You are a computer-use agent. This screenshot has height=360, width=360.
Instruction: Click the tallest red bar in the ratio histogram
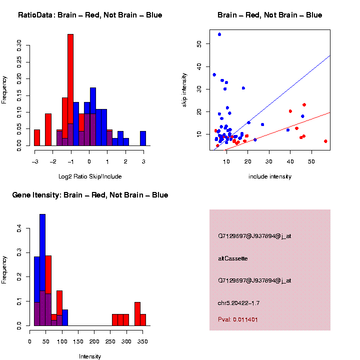70,90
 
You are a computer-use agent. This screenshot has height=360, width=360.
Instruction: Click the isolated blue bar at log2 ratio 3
143,138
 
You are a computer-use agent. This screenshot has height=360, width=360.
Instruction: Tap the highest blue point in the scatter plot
219,34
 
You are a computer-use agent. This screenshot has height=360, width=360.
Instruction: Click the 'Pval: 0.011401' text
238,319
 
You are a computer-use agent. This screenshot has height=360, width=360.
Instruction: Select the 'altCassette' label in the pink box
233,258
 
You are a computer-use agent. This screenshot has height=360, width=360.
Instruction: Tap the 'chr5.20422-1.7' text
239,303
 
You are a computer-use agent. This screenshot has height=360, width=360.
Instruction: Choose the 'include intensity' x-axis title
270,176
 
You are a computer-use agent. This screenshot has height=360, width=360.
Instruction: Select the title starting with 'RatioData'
90,15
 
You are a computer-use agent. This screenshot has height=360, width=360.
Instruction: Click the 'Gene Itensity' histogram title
90,195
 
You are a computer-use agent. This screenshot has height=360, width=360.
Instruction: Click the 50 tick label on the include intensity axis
311,161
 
